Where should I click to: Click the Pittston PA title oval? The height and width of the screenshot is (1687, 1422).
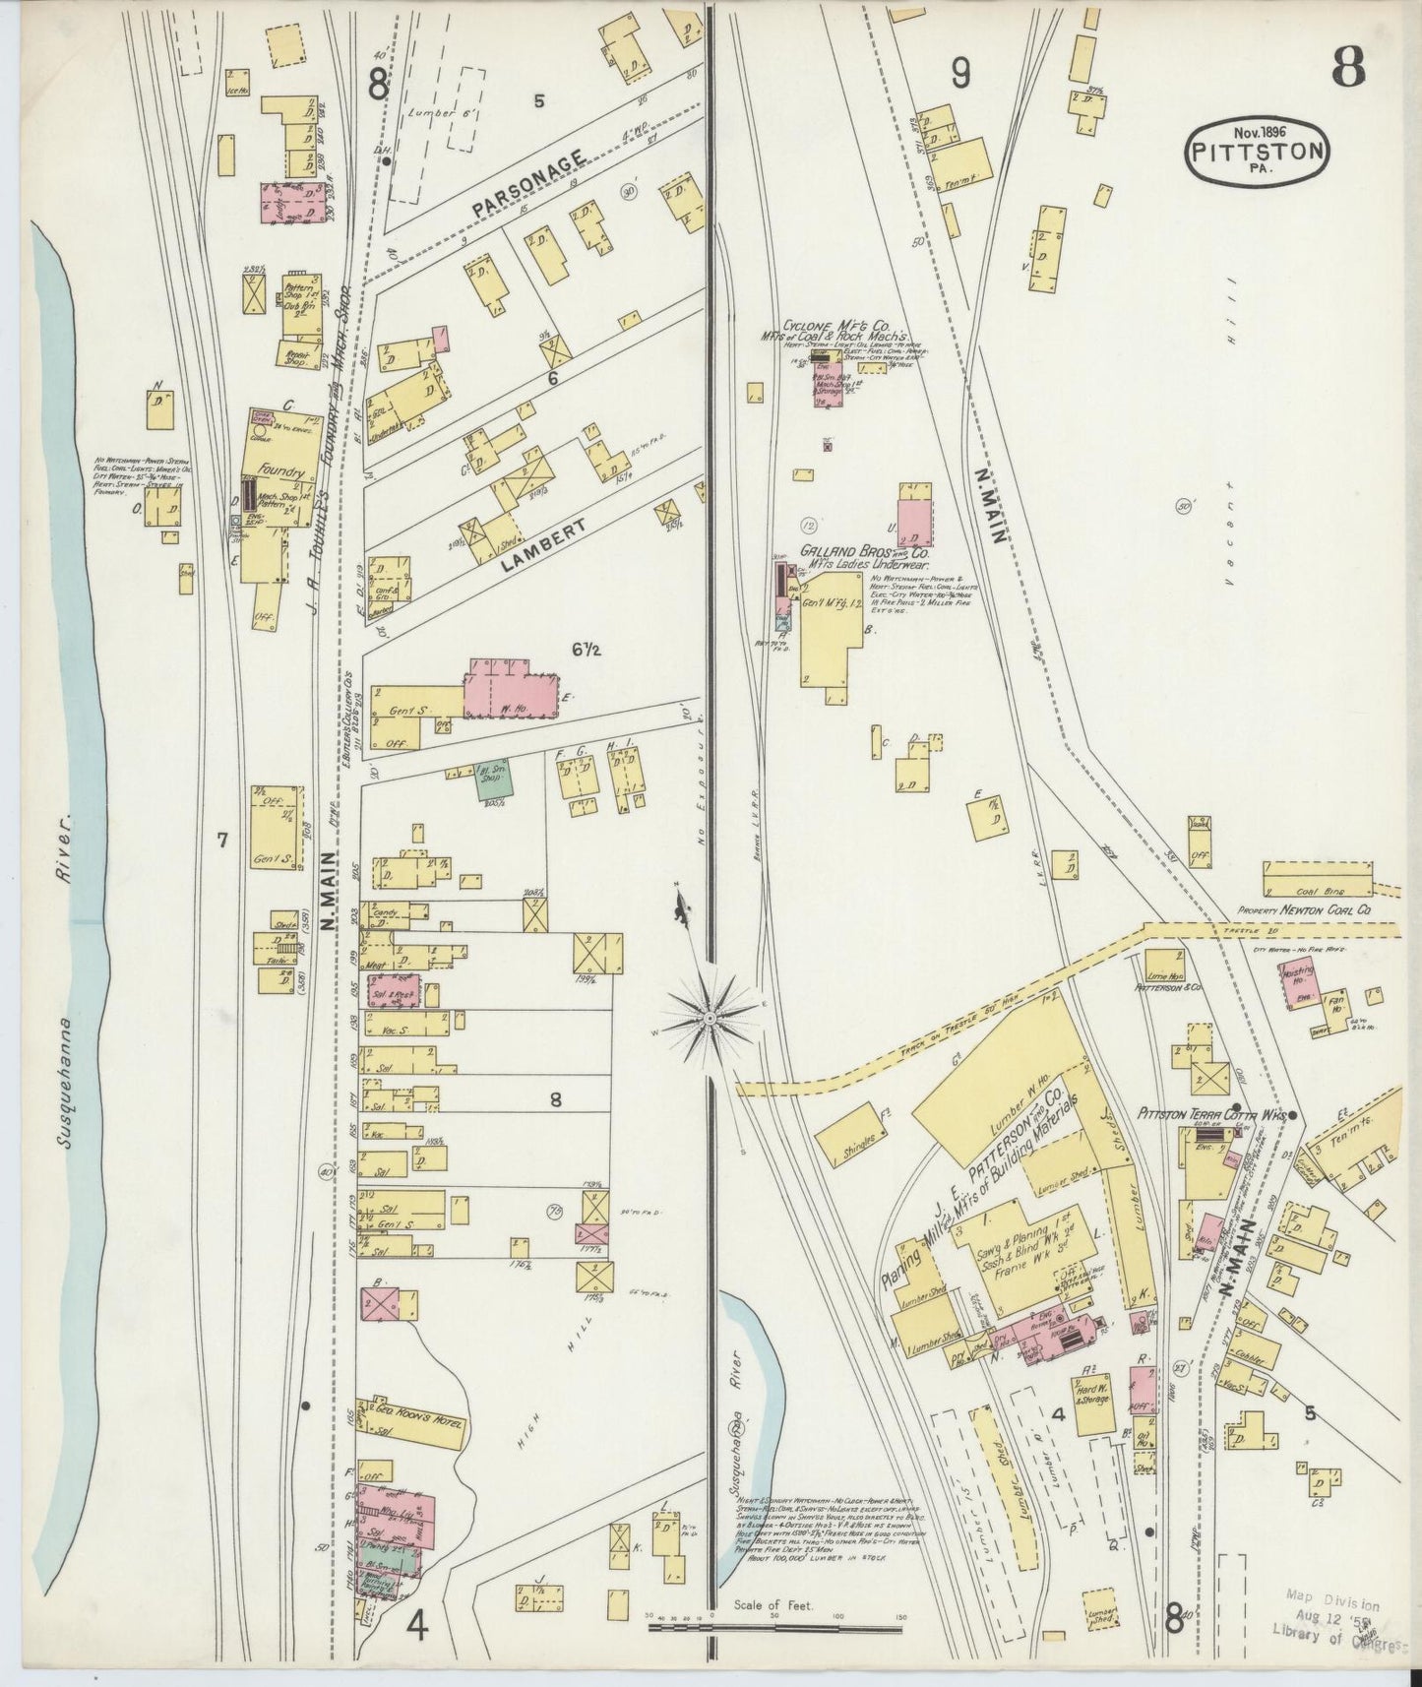(1258, 153)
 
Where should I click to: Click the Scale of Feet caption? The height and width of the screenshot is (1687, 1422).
(773, 1605)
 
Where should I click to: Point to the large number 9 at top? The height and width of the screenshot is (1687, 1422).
(961, 73)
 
